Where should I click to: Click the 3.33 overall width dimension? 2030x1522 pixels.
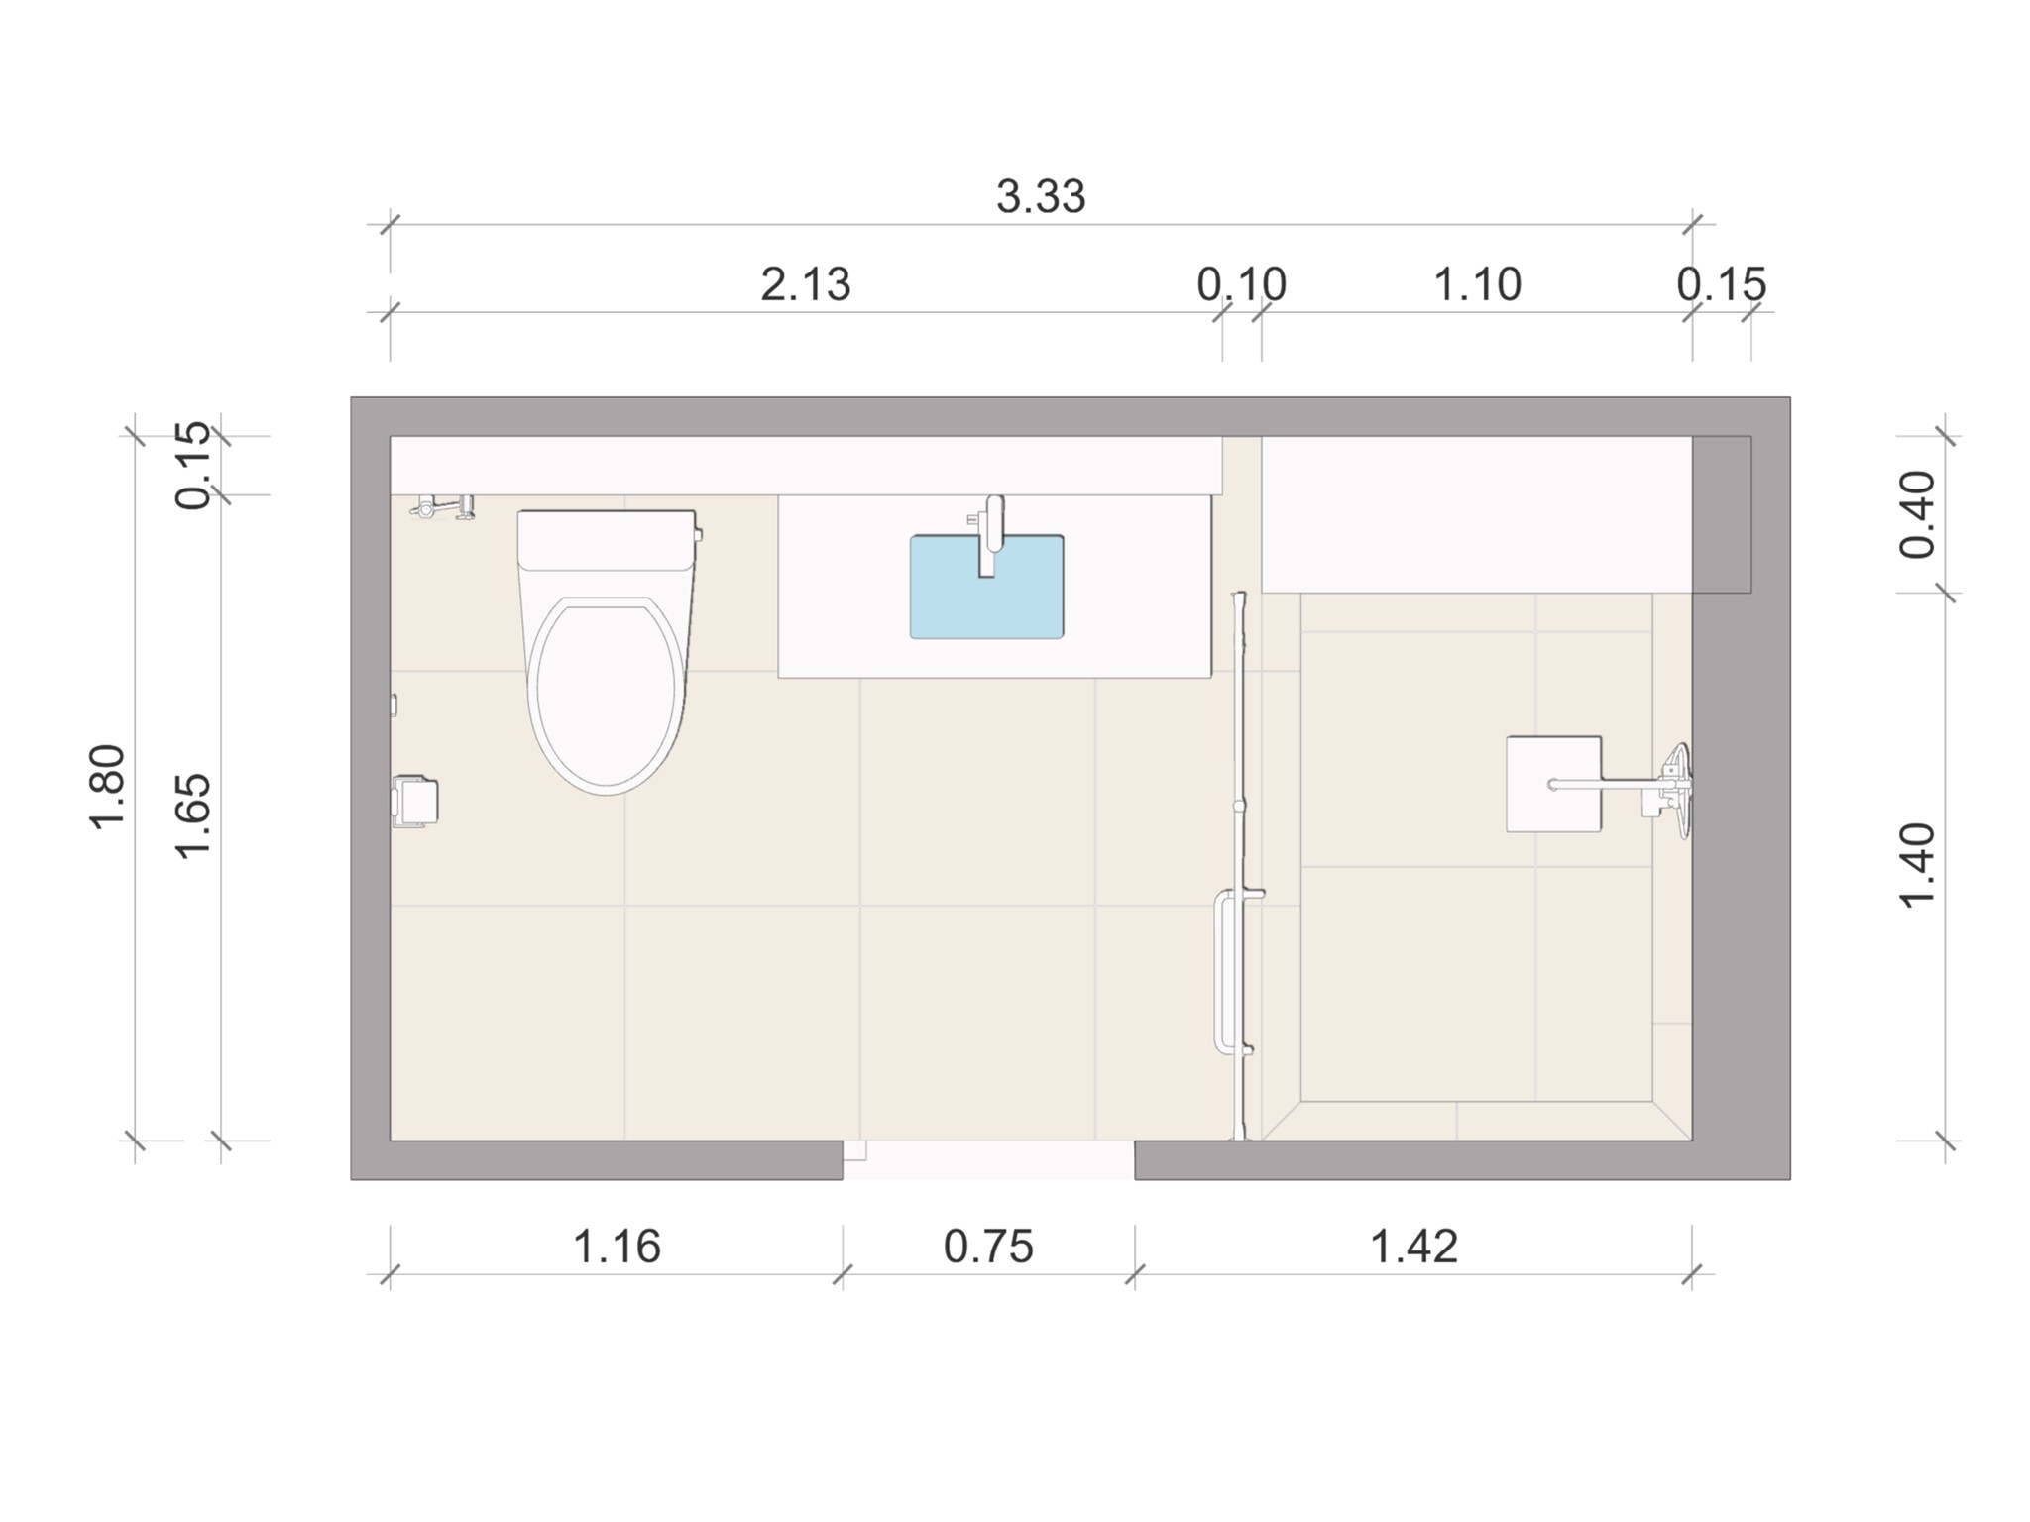click(1041, 197)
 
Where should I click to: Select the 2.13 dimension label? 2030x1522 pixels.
click(805, 285)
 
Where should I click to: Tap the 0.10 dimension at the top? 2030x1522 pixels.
click(1241, 285)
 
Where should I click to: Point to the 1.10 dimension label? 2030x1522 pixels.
click(1477, 285)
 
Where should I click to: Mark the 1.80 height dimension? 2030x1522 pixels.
click(107, 787)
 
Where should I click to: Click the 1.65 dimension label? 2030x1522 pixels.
click(193, 815)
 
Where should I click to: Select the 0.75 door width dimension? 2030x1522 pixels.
click(988, 1247)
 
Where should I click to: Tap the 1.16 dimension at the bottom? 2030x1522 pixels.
click(617, 1247)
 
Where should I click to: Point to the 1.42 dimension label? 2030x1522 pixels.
click(1413, 1247)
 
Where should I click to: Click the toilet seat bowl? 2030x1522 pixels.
click(606, 694)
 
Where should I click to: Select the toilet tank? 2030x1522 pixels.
click(606, 538)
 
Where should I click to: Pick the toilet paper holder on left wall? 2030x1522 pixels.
click(416, 802)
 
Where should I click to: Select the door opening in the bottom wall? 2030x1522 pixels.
click(988, 1159)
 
